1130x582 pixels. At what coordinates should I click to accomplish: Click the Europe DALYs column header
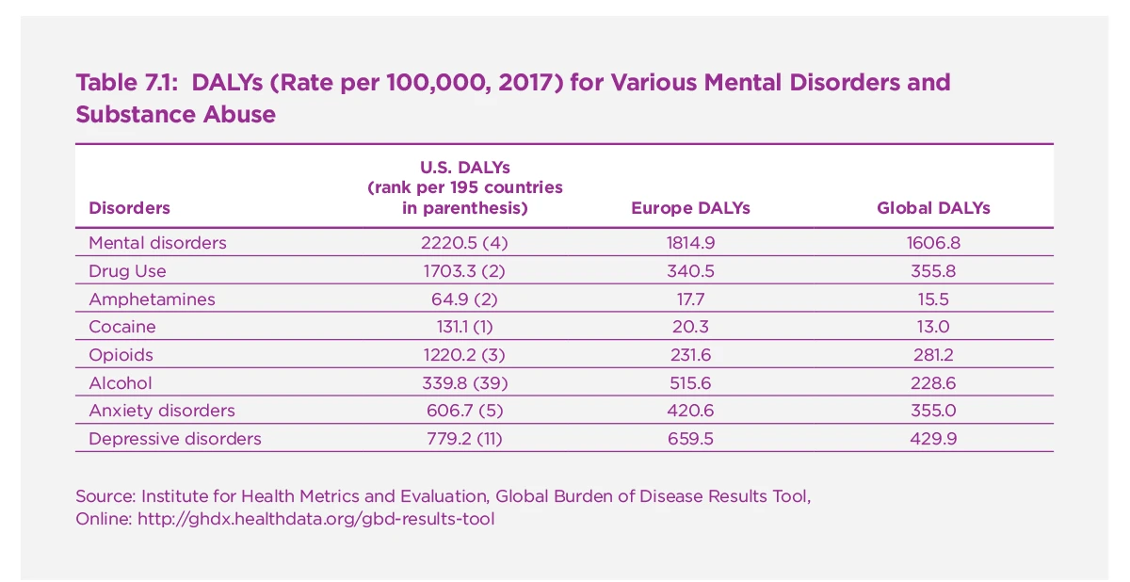tap(690, 208)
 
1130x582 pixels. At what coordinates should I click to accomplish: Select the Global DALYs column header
tap(933, 208)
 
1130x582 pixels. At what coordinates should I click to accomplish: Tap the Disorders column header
tap(129, 208)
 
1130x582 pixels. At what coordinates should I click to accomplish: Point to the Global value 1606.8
tap(933, 243)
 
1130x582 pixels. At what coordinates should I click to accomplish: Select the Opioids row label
tap(121, 355)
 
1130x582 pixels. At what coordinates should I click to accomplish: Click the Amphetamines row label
tap(152, 299)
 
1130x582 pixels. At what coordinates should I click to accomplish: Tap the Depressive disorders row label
tap(175, 439)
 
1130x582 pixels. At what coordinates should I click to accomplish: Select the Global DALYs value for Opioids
tap(933, 355)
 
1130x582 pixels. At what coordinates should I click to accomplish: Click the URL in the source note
tap(315, 519)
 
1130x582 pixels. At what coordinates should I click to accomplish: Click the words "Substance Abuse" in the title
tap(175, 115)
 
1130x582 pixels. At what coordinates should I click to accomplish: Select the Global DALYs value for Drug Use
tap(933, 271)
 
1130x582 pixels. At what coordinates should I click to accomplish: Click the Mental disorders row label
tap(157, 243)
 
